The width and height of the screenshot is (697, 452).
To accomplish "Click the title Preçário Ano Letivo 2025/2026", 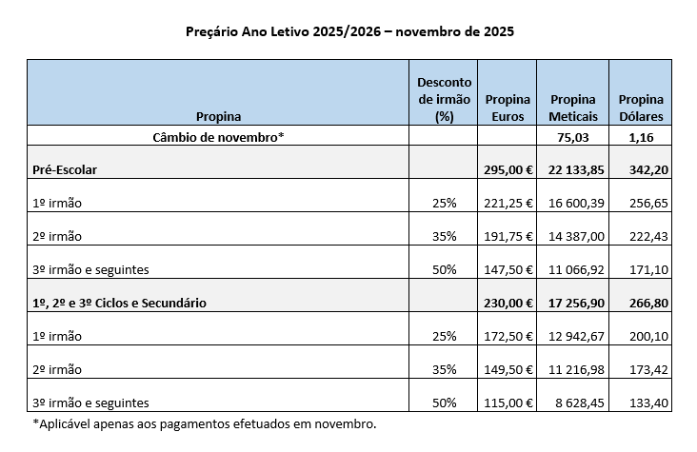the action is coord(349,30).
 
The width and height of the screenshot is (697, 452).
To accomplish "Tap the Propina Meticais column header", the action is coord(572,108).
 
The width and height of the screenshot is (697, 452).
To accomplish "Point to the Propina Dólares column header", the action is coord(641,108).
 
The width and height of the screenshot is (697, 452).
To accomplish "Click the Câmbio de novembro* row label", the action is coord(218,137).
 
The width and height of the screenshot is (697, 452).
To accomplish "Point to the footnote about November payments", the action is coord(204,423).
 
